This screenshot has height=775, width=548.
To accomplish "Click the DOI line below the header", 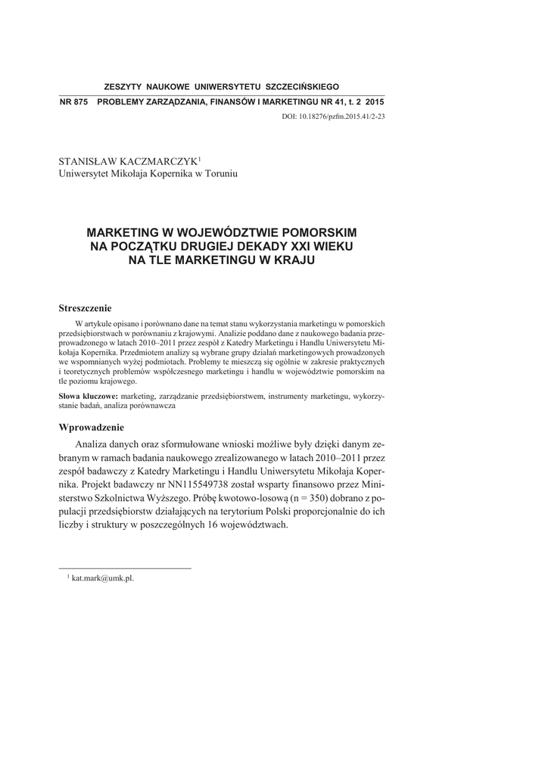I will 333,117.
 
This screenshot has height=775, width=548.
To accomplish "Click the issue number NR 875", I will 73,102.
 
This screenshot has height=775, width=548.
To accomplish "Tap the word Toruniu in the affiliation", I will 220,173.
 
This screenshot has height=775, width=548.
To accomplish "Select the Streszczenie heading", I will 86,308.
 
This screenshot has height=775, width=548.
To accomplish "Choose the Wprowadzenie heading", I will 92,427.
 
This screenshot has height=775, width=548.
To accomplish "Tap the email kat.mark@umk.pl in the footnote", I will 107,577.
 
